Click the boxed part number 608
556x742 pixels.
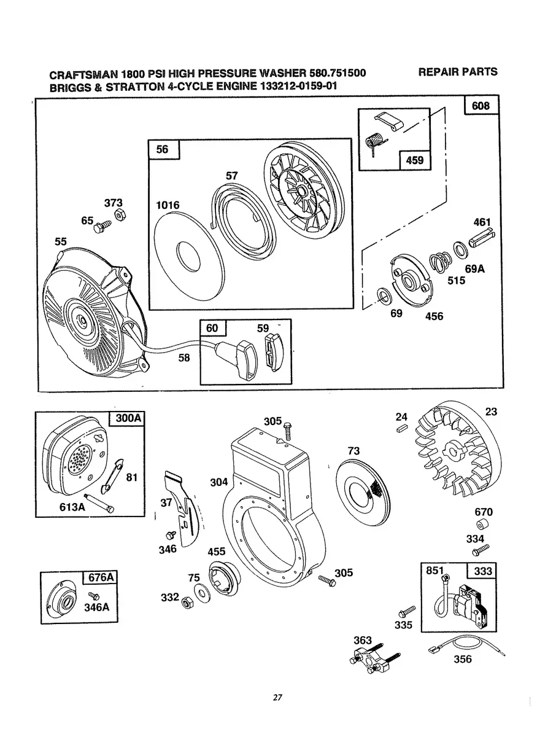click(x=481, y=106)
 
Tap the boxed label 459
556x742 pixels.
click(x=414, y=161)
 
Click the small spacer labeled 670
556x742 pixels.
click(x=482, y=526)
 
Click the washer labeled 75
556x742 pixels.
click(x=201, y=592)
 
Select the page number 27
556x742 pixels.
click(x=277, y=697)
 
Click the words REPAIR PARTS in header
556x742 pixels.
click(x=457, y=72)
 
